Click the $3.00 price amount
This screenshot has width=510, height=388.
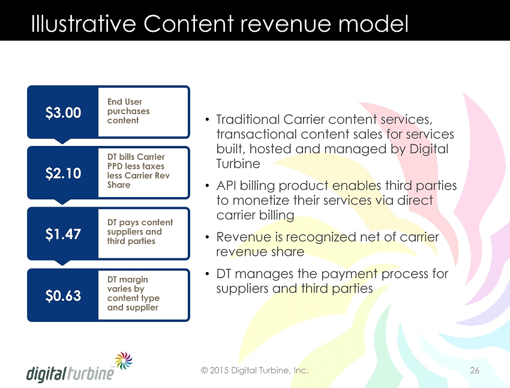(x=63, y=113)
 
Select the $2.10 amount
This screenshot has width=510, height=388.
(x=63, y=173)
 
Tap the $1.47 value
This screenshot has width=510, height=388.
(x=63, y=234)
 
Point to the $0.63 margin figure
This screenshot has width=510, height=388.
(x=63, y=296)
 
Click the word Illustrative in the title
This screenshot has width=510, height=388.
(x=83, y=23)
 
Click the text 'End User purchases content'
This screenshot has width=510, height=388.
(x=128, y=111)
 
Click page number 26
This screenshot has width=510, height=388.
(x=475, y=370)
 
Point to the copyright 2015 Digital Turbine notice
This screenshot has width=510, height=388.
(x=254, y=371)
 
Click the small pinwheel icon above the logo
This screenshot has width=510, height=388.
(x=124, y=360)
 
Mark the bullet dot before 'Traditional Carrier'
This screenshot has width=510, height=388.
(x=207, y=120)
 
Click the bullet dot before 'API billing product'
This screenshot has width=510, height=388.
(x=207, y=186)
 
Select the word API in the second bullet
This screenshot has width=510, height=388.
(x=226, y=186)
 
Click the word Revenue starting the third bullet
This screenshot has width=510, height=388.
(x=244, y=237)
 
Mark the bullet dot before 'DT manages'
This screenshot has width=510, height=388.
(x=207, y=274)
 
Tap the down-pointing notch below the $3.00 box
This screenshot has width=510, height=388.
(x=62, y=141)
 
